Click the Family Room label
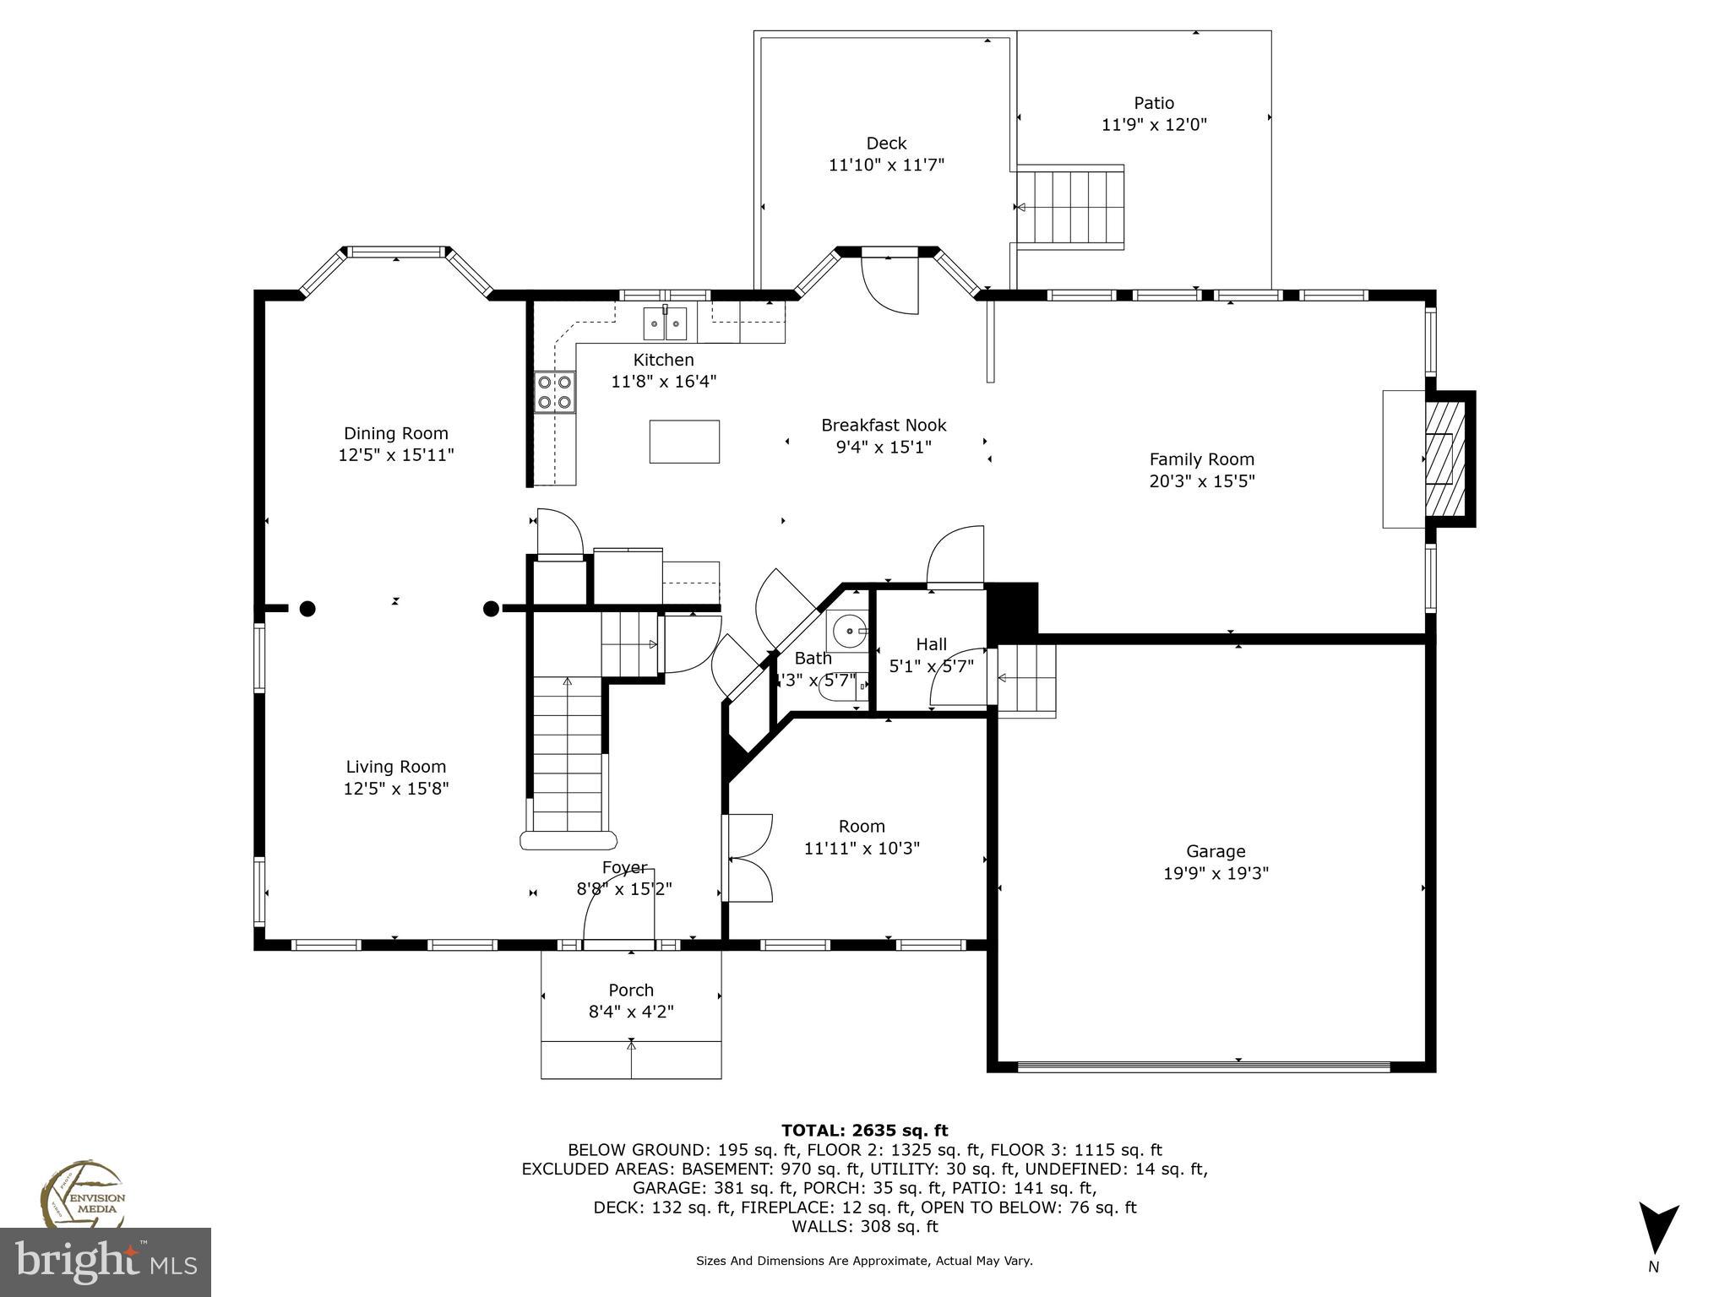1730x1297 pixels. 1201,459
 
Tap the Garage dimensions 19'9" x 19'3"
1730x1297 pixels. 1216,873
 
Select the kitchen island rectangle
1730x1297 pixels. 683,442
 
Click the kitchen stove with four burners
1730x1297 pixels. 554,393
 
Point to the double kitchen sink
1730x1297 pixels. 665,323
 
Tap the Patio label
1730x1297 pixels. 1153,103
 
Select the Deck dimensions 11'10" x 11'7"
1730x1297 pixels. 886,165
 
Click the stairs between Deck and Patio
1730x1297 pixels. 1070,207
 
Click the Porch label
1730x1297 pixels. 631,990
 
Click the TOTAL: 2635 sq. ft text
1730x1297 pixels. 864,1131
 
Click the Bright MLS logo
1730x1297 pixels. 105,1262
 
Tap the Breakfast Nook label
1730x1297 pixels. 884,425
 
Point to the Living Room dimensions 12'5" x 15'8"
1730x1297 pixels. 395,789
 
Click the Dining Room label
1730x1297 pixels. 395,433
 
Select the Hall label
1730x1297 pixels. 931,644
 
